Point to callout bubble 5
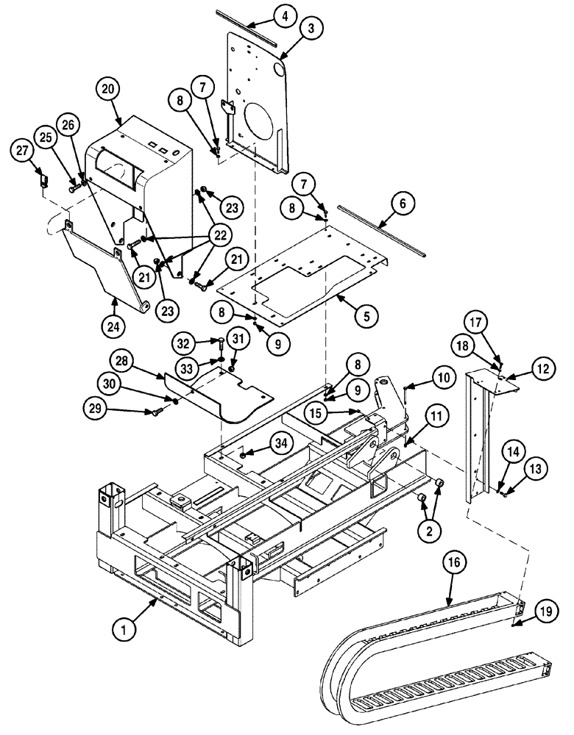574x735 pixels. coord(366,316)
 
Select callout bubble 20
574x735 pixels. coord(107,89)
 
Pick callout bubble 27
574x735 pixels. coord(22,151)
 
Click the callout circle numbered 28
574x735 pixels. coord(124,362)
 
